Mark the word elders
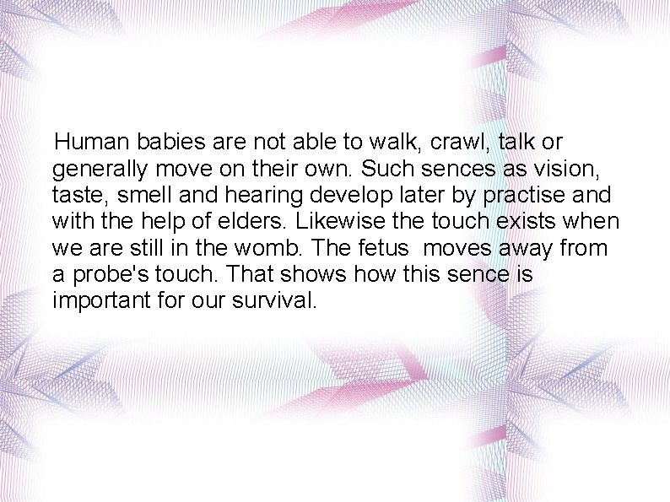point(265,222)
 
